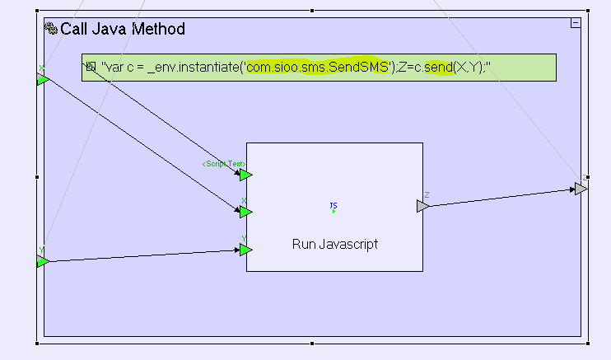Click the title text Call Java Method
click(x=123, y=30)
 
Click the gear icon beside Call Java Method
click(x=51, y=29)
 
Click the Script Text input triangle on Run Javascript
click(x=245, y=174)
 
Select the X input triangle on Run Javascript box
click(x=245, y=211)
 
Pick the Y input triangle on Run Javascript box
click(x=245, y=249)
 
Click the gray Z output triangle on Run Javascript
click(x=422, y=206)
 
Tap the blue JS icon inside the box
click(x=333, y=207)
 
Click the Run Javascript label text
click(x=334, y=245)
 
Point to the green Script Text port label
click(x=224, y=164)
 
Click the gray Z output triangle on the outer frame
click(x=581, y=189)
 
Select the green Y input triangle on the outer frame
click(x=42, y=261)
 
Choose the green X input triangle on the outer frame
click(x=42, y=79)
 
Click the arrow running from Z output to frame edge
click(x=502, y=198)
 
